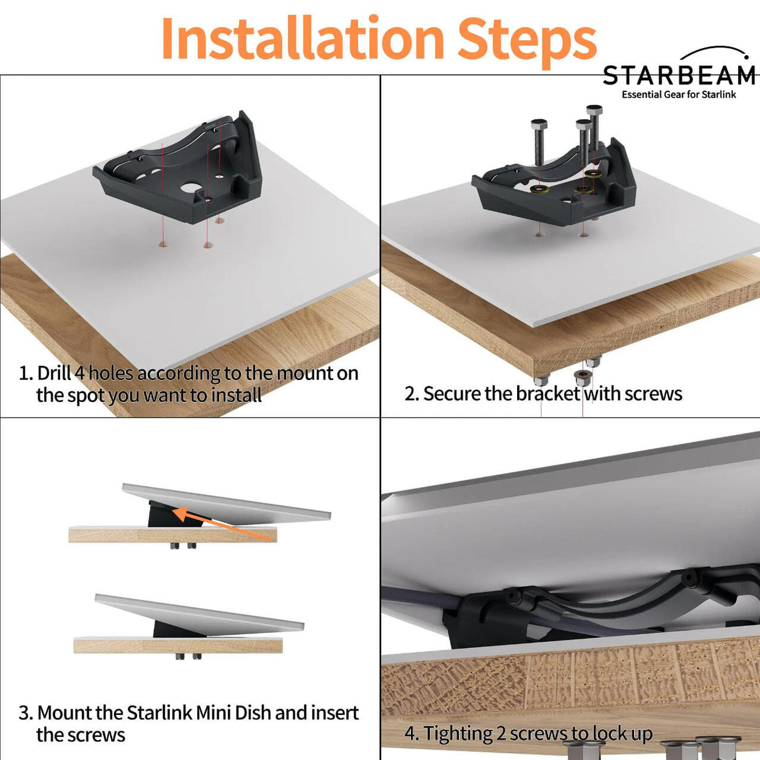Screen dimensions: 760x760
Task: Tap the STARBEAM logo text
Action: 679,76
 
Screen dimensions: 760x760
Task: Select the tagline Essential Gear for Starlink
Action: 679,95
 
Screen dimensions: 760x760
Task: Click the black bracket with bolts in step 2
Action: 551,188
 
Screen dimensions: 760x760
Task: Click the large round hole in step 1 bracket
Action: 189,187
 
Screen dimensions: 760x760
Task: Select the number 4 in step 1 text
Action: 80,373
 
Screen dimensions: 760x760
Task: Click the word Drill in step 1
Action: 54,373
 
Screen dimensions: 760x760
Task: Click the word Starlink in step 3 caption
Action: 159,713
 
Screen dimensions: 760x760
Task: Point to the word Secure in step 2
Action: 451,394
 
